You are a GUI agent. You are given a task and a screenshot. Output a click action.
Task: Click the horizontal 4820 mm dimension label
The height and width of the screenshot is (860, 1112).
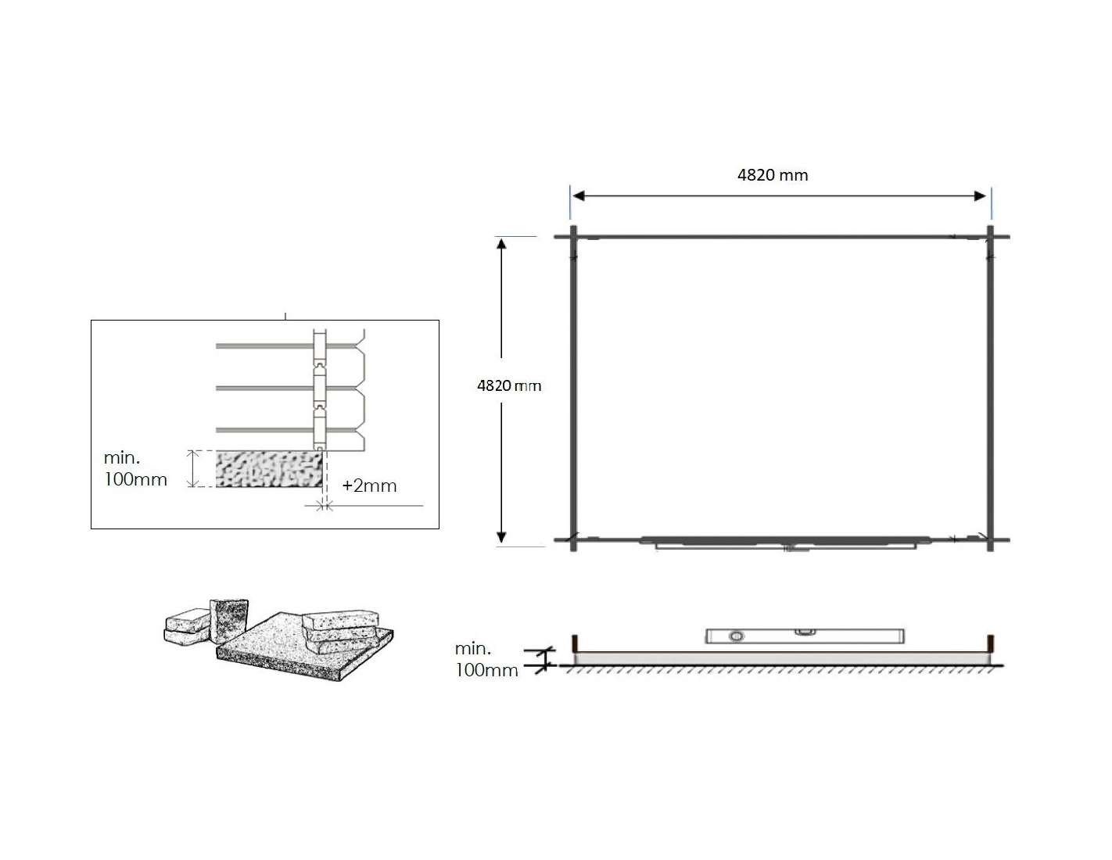click(772, 175)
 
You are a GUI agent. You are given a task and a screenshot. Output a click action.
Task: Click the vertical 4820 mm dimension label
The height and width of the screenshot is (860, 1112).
click(508, 385)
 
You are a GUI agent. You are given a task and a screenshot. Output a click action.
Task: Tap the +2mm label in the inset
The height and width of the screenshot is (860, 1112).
click(369, 486)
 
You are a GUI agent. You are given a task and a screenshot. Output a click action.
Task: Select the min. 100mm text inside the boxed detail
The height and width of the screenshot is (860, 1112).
click(135, 468)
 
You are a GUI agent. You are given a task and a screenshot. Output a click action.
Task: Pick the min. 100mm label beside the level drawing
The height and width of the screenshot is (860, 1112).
click(486, 659)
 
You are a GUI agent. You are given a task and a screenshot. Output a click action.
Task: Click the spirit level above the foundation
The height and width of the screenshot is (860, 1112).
click(805, 636)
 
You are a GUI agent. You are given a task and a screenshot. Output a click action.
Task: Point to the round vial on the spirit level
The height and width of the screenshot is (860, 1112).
click(737, 636)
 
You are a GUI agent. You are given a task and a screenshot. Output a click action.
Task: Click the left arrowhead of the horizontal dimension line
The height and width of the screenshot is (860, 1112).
click(579, 196)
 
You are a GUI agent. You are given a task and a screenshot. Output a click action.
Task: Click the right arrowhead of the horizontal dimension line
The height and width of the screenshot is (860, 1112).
click(980, 196)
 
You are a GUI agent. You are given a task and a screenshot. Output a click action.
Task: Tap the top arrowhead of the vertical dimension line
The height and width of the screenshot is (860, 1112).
click(501, 243)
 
